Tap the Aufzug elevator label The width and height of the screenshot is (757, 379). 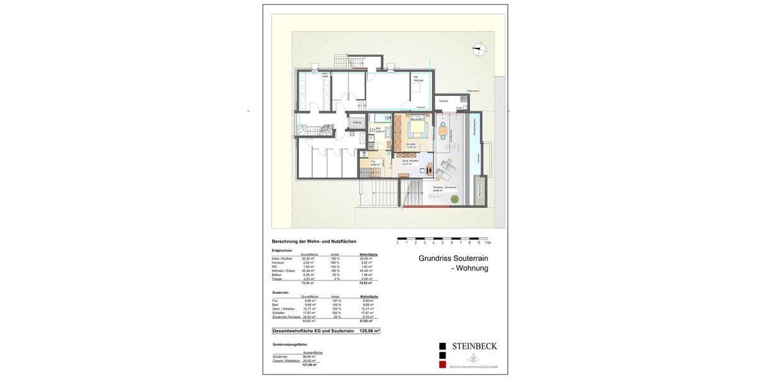(357, 122)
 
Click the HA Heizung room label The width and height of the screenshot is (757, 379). (418, 78)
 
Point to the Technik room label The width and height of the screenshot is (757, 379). (443, 101)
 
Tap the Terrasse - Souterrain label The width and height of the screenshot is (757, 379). (444, 188)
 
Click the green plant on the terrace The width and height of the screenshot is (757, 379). (454, 200)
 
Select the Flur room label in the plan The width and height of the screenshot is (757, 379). (373, 162)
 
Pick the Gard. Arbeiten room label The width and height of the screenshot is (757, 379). (410, 161)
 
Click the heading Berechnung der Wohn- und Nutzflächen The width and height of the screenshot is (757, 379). (314, 241)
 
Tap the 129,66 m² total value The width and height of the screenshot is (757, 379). (369, 330)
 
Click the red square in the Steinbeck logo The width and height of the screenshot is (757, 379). (442, 364)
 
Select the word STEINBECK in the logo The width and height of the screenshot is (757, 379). (474, 346)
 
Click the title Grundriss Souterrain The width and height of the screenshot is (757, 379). (453, 258)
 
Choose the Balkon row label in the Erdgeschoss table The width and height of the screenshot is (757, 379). (277, 275)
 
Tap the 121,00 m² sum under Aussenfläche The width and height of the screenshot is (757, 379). (309, 364)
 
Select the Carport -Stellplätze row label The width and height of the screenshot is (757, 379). (285, 361)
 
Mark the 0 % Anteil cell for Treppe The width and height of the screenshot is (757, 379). (335, 279)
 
